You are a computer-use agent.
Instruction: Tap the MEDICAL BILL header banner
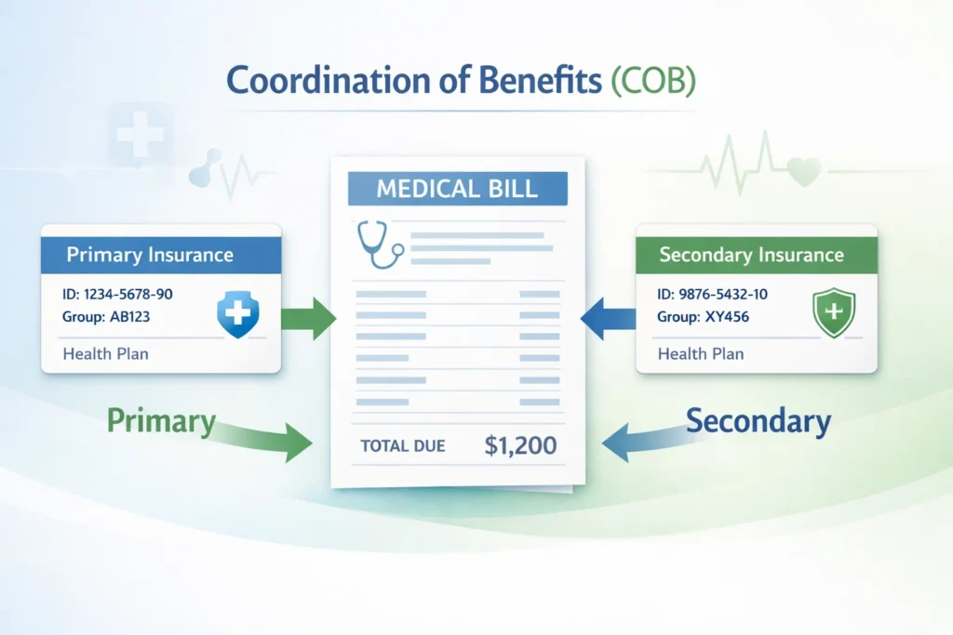tap(457, 189)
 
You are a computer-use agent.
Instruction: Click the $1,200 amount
tap(520, 445)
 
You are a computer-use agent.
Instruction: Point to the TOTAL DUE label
tap(403, 446)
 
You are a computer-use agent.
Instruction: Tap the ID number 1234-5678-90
tap(127, 294)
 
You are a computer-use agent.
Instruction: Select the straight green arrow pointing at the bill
tap(311, 318)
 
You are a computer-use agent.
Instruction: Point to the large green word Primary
tap(161, 420)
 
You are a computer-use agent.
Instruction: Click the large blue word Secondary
tap(758, 421)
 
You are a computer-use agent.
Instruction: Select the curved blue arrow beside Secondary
tap(642, 441)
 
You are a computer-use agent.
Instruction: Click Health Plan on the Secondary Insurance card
tap(700, 354)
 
